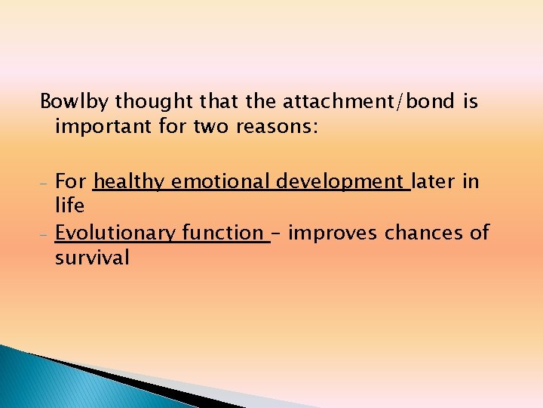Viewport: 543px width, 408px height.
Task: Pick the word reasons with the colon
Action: tap(280, 126)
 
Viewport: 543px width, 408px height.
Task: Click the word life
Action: tap(69, 206)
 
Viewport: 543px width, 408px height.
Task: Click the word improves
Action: tap(334, 233)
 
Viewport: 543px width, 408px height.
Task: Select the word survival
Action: tap(92, 258)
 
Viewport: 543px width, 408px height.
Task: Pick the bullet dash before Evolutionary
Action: tap(44, 235)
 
